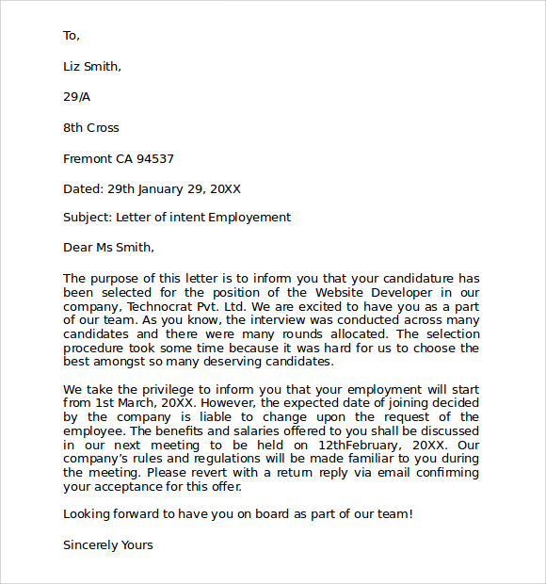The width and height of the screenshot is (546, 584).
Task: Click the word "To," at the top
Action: tap(72, 36)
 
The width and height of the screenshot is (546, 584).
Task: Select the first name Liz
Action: tap(72, 66)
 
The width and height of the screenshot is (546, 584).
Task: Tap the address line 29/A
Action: tap(77, 97)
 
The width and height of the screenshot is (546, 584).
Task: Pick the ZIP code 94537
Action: tap(155, 159)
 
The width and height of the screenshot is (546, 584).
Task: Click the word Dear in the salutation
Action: tap(77, 248)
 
